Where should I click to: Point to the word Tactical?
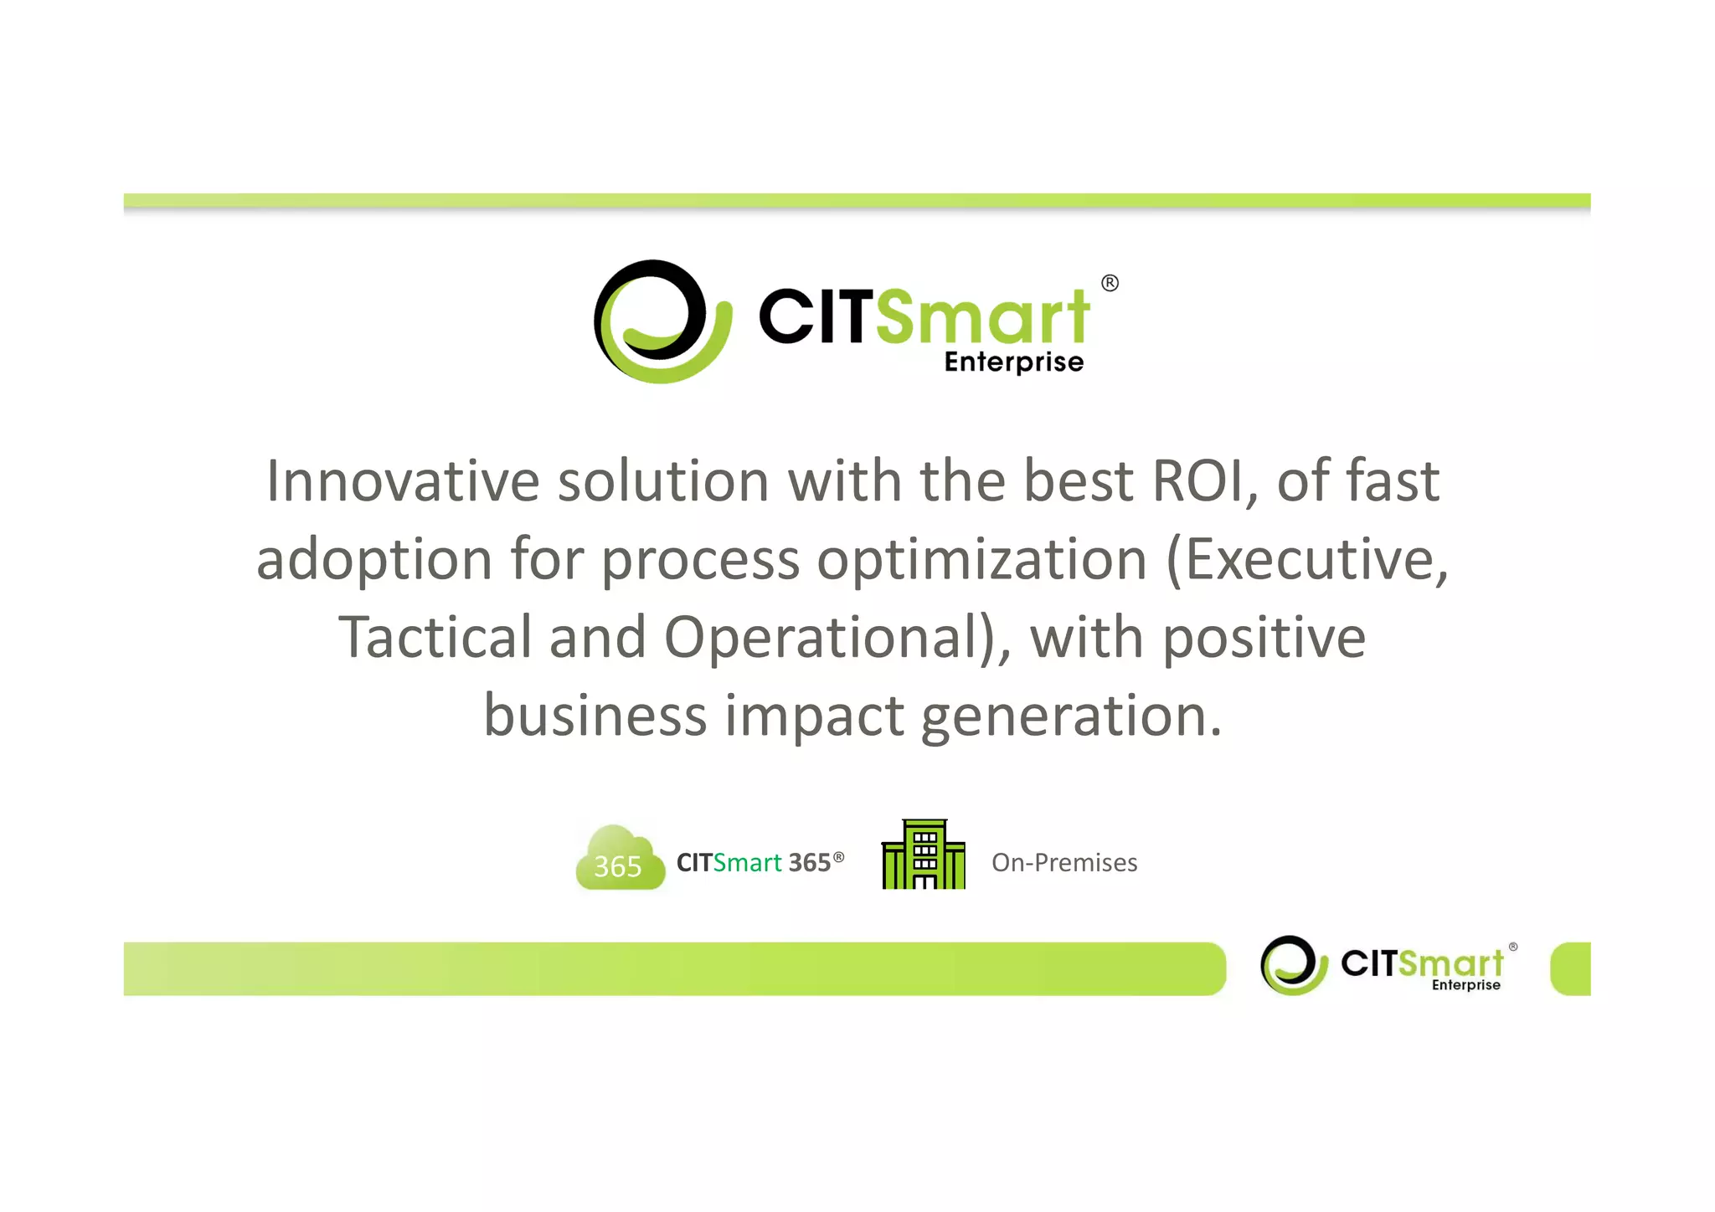(435, 637)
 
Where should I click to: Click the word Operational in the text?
(829, 639)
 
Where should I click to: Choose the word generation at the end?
(1070, 716)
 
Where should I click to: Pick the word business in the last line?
(595, 716)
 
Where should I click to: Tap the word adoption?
(374, 561)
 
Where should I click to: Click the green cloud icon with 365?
(620, 859)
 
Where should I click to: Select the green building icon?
(923, 855)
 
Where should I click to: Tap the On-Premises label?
(1064, 863)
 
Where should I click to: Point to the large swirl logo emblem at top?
(662, 321)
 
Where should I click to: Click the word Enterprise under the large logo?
(1014, 362)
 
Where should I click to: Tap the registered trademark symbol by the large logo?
(1110, 283)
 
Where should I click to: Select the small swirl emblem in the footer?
(1294, 965)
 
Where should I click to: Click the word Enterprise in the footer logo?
(1465, 985)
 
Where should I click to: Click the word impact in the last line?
(814, 716)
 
